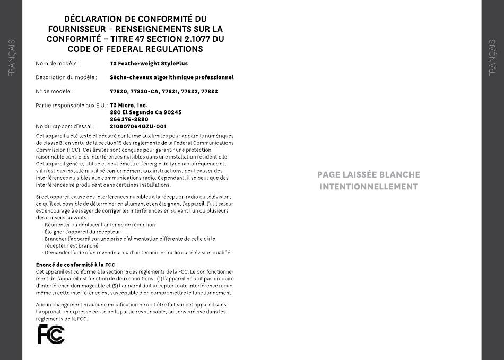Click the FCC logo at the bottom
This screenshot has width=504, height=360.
51,335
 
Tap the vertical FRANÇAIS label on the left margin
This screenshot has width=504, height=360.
12,58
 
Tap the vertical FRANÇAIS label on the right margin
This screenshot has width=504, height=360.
492,58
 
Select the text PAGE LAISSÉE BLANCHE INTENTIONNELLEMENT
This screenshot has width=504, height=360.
369,180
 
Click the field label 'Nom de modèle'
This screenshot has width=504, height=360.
57,64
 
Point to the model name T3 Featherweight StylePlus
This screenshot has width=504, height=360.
149,64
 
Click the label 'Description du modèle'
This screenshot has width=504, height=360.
66,77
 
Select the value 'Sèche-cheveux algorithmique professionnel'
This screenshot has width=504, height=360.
171,77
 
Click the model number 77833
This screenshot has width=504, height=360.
210,92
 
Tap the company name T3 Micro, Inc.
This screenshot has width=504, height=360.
129,106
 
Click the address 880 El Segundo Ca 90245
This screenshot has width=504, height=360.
146,112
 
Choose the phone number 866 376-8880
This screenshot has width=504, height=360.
129,119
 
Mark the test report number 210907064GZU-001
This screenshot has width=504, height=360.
138,127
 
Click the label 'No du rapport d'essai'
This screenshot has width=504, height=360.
65,127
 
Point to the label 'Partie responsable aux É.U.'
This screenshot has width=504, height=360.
72,106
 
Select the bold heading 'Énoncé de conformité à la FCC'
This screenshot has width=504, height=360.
75,265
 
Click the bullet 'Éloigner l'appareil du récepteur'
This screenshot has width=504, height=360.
83,232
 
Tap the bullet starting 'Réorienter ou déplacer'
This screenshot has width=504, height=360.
100,225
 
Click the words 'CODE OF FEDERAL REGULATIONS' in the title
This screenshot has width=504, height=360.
135,49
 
